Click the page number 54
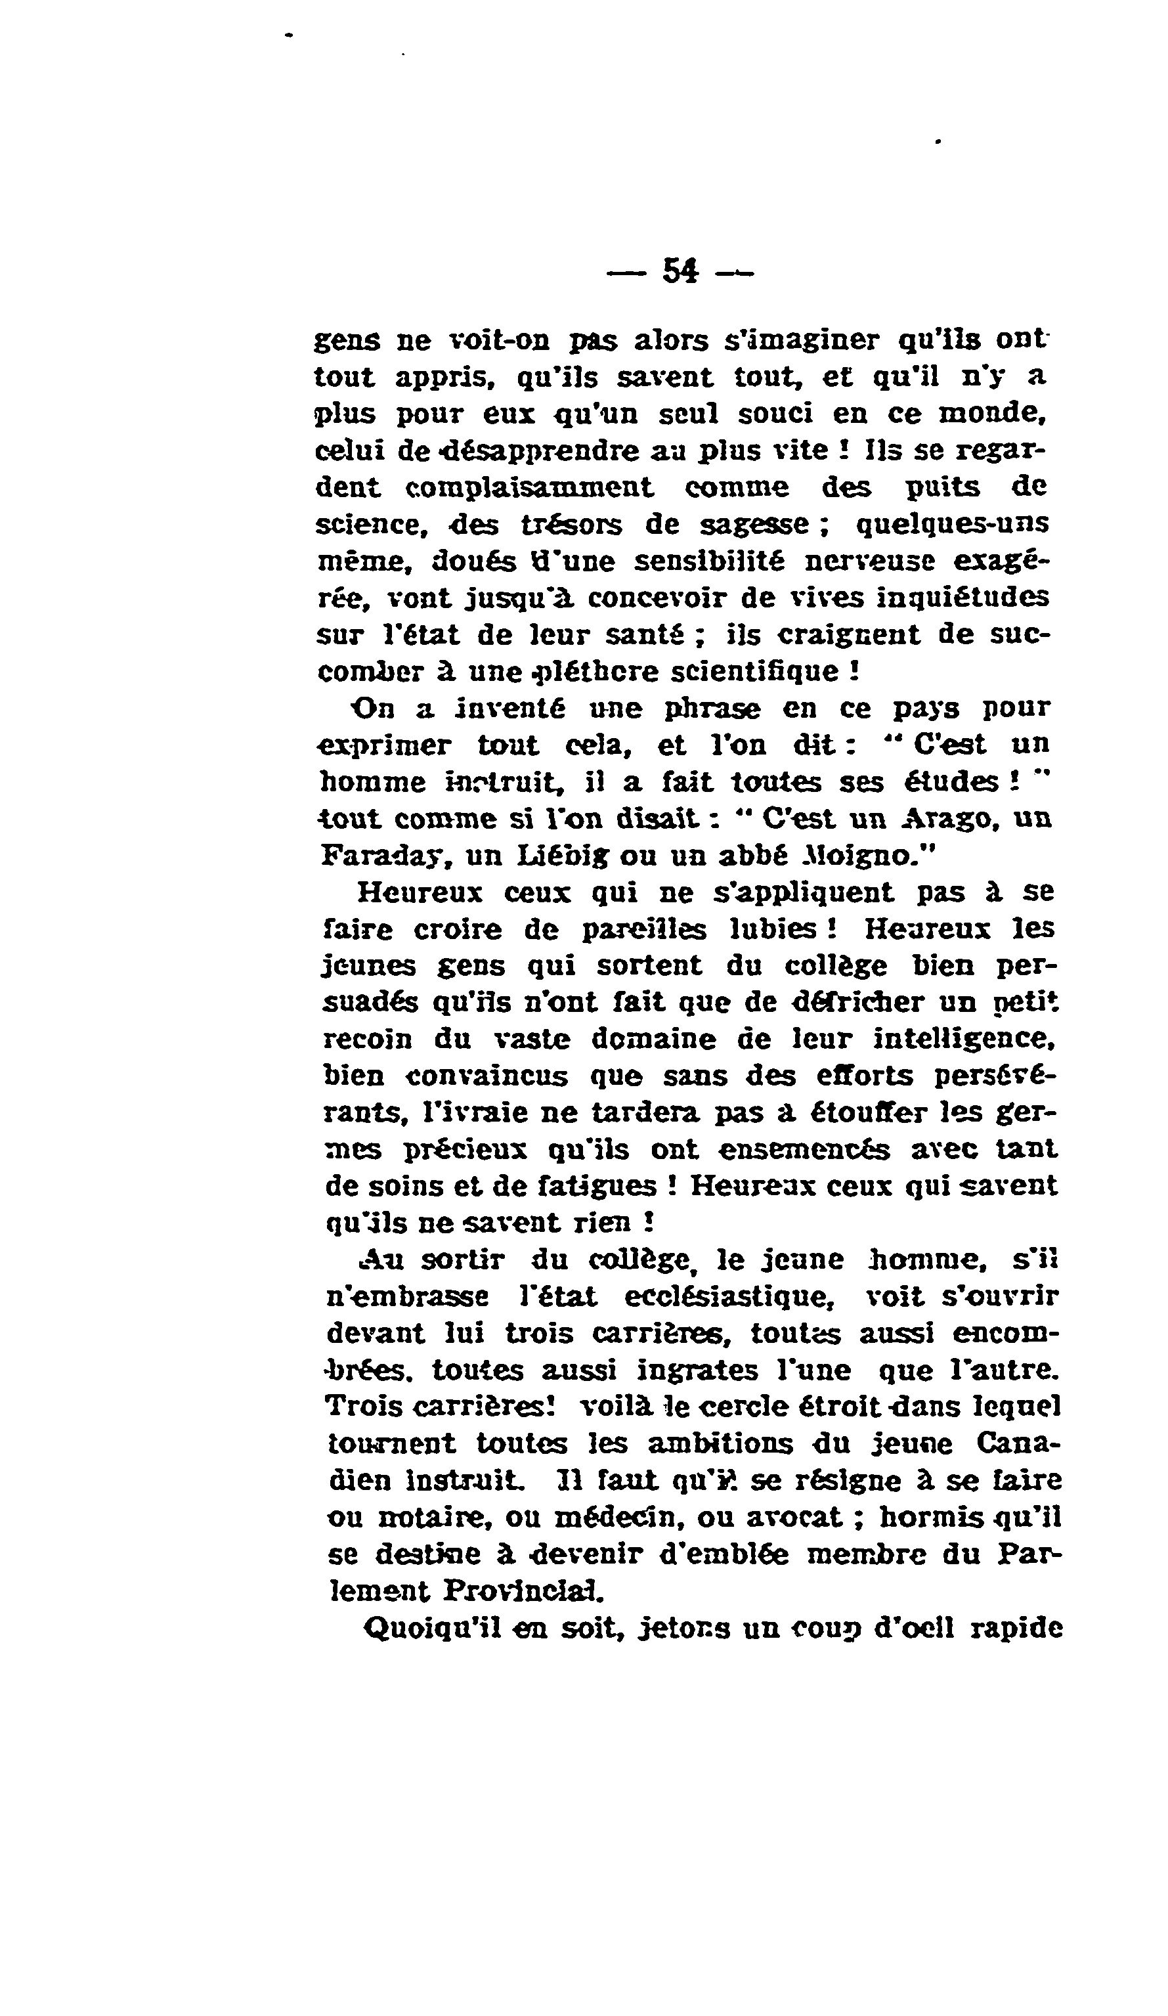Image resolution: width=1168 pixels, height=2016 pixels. pyautogui.click(x=681, y=271)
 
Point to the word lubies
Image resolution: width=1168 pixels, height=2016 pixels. pyautogui.click(x=773, y=929)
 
